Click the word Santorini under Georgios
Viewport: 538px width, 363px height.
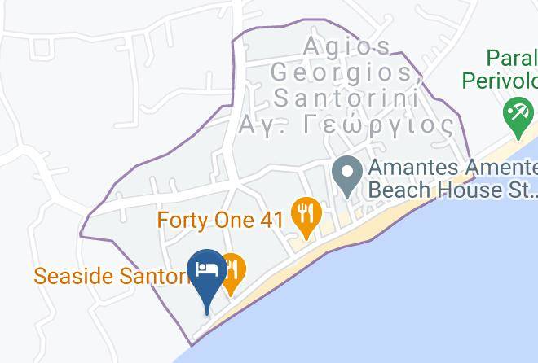click(346, 98)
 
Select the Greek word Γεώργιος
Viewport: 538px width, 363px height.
click(379, 125)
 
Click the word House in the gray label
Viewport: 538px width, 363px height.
click(465, 190)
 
